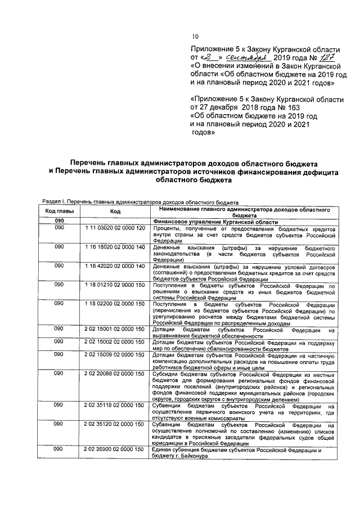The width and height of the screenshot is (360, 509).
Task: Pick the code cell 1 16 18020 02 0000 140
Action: [x=115, y=247]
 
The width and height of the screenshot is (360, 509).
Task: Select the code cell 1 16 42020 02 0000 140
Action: [x=115, y=267]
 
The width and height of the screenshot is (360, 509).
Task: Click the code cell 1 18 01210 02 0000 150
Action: [x=115, y=286]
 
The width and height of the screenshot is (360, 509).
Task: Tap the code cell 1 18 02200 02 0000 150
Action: [x=115, y=304]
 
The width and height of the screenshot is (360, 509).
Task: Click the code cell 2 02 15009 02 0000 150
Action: [x=115, y=355]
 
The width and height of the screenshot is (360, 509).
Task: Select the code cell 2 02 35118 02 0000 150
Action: [x=115, y=405]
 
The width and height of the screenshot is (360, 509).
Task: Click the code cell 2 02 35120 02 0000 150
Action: [x=115, y=424]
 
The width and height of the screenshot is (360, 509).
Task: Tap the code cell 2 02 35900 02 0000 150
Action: [x=115, y=449]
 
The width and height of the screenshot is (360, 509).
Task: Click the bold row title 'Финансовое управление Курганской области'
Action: [x=215, y=222]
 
